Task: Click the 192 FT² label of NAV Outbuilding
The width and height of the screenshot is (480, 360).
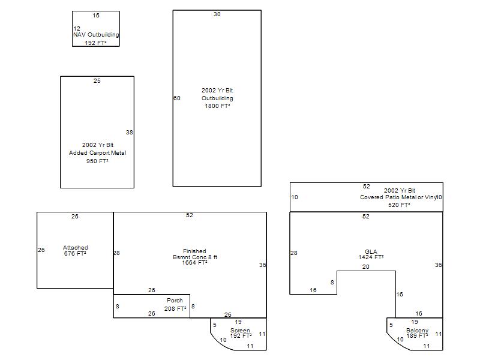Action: point(95,43)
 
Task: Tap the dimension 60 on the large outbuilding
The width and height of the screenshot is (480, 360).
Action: point(177,98)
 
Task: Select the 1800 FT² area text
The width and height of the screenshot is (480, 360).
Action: point(217,106)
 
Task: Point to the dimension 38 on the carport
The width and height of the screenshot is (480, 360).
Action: point(130,132)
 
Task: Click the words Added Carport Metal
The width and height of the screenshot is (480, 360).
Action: point(97,153)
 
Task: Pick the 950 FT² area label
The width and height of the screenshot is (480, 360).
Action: point(97,161)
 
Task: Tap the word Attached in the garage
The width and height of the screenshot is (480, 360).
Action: point(76,247)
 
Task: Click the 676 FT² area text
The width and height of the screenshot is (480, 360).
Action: point(75,253)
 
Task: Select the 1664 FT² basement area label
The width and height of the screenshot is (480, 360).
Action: point(194,263)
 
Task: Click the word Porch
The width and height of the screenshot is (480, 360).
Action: point(175,301)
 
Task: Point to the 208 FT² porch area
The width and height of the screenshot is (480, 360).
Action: point(175,308)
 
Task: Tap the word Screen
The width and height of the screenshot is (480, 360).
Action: point(240,331)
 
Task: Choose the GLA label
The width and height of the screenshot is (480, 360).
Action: point(371,251)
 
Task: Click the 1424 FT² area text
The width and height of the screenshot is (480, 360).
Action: point(371,257)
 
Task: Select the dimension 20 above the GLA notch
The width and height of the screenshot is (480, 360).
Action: point(366,266)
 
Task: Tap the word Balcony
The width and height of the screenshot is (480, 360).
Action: point(417,331)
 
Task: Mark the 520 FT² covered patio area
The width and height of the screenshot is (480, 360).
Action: point(399,205)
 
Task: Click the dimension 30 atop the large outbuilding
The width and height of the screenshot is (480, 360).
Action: point(217,14)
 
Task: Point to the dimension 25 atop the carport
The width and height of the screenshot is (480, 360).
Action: point(97,80)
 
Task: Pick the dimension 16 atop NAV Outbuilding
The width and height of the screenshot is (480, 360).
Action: point(96,16)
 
